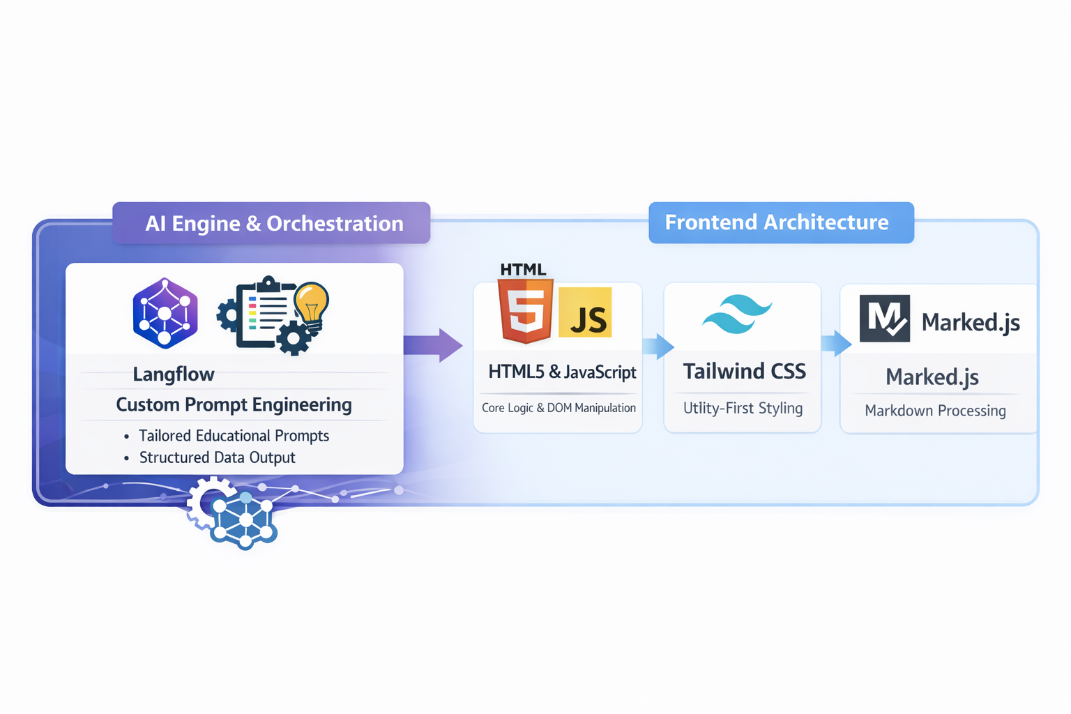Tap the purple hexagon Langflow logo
click(x=165, y=313)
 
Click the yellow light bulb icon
click(x=312, y=304)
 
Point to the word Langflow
click(x=174, y=374)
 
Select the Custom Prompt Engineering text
click(x=234, y=405)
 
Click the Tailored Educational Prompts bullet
click(x=234, y=436)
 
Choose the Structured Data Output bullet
click(x=217, y=457)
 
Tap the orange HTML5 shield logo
click(x=526, y=311)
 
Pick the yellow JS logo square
click(x=585, y=312)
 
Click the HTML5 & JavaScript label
click(x=562, y=372)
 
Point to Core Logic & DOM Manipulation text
click(x=559, y=408)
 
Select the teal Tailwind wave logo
click(x=737, y=314)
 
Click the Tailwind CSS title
click(x=744, y=372)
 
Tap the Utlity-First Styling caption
click(x=743, y=409)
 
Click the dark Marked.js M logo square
click(x=884, y=319)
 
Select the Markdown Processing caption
click(x=935, y=411)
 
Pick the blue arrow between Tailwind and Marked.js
click(x=836, y=343)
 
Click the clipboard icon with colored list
click(x=264, y=314)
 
